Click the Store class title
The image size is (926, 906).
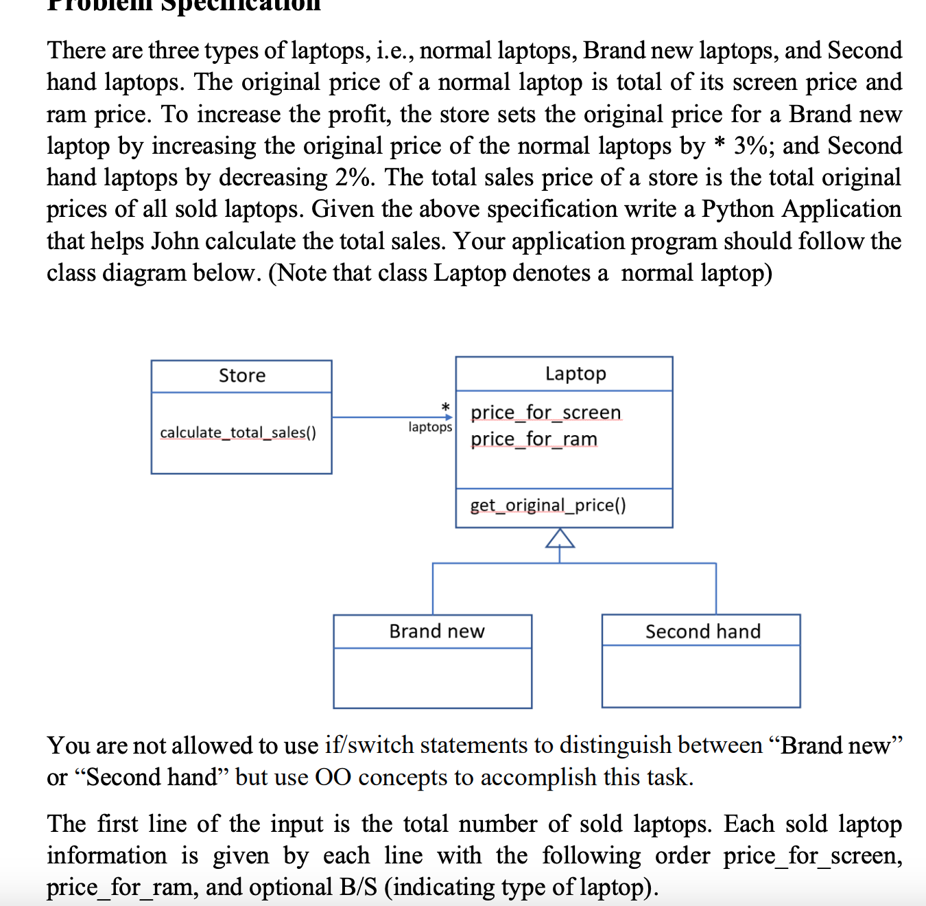[x=241, y=375]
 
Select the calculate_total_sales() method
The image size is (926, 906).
[x=238, y=432]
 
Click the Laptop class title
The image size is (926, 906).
[x=575, y=373]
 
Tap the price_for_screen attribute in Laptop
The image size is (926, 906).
[x=546, y=413]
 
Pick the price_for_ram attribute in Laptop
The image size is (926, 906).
[x=534, y=439]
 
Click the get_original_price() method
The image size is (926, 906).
[x=547, y=505]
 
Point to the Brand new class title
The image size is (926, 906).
[x=436, y=631]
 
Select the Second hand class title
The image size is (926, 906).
[x=702, y=631]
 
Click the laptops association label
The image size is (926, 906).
[x=430, y=427]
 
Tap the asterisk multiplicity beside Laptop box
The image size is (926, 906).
[x=445, y=406]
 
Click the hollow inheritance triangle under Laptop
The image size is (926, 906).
[x=560, y=539]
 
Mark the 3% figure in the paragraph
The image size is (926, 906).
[x=753, y=146]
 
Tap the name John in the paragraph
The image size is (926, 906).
[x=175, y=242]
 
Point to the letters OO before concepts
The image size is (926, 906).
[x=333, y=778]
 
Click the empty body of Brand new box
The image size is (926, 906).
[x=432, y=677]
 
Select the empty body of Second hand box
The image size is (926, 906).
[x=700, y=676]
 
